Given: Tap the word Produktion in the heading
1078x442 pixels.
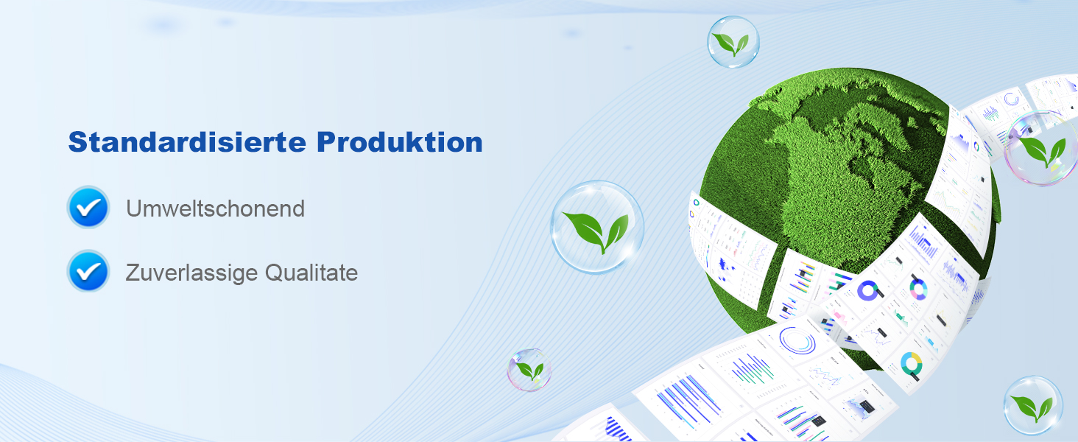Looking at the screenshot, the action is pos(399,142).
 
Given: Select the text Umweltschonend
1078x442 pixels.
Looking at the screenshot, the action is pos(215,208).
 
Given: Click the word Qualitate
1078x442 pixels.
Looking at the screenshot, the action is pos(311,273).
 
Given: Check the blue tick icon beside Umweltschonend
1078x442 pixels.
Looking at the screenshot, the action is pos(88,207).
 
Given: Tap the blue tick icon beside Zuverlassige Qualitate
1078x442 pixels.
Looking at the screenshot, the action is pos(88,271).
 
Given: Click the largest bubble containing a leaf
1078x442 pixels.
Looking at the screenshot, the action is pos(597,227).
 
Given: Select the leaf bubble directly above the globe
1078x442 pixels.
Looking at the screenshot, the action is pos(733,42).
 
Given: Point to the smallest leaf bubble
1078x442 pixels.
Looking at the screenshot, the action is pos(529,370).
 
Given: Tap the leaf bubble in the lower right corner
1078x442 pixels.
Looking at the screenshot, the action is pos(1033,405).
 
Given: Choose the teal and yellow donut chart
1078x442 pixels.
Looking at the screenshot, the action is pos(911,364).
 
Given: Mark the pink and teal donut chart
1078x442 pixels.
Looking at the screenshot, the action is pos(918,290).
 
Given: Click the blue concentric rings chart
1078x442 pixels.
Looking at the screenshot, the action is pos(797,340).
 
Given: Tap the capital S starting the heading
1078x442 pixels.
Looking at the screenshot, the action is pos(79,142).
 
